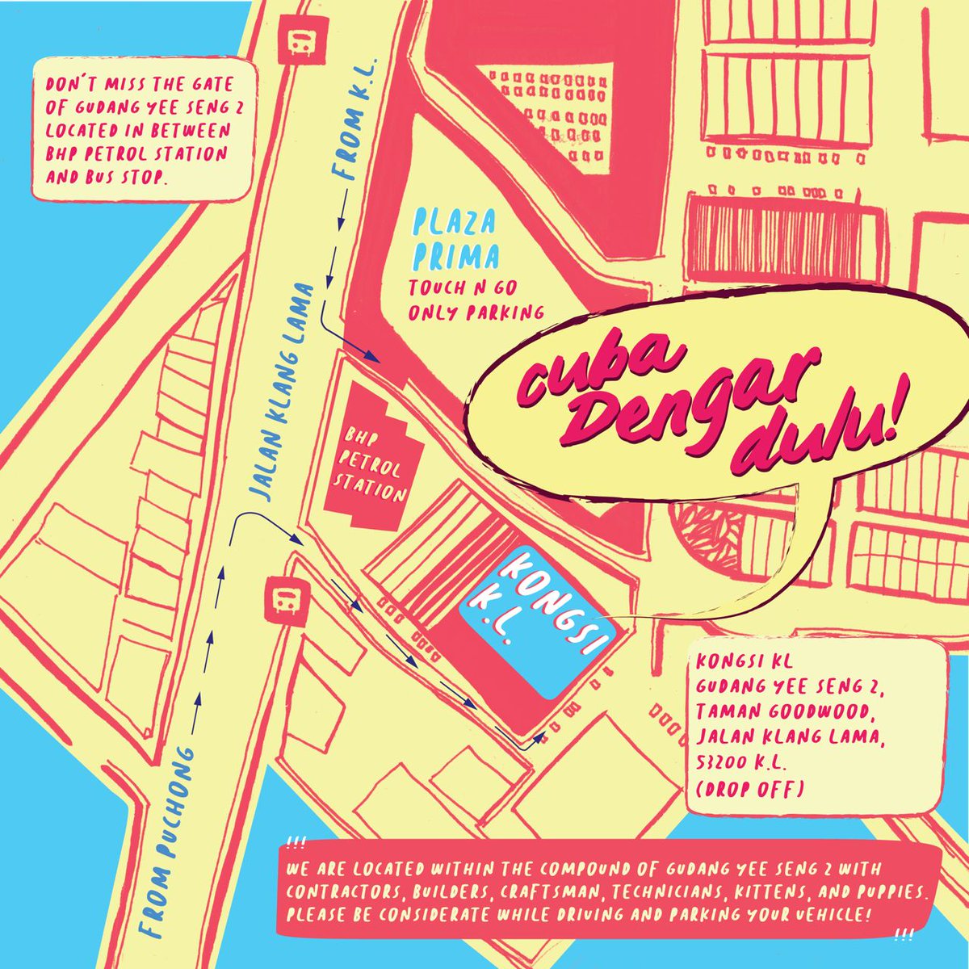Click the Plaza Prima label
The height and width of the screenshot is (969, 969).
pos(455,240)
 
